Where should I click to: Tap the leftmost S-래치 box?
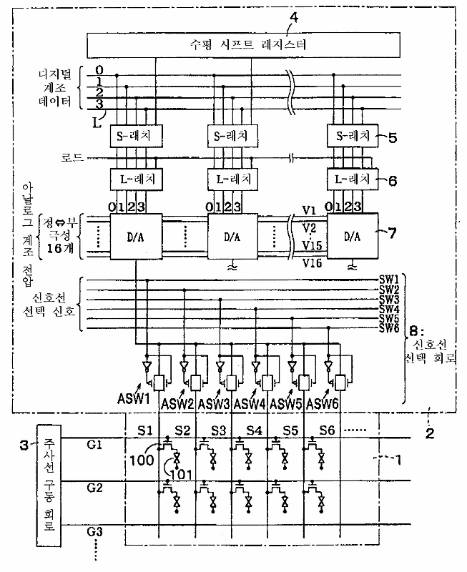click(137, 134)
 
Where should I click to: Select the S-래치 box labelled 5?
click(353, 134)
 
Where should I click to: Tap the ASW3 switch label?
click(215, 404)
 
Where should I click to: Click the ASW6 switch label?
click(323, 404)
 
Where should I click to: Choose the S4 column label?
click(255, 432)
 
